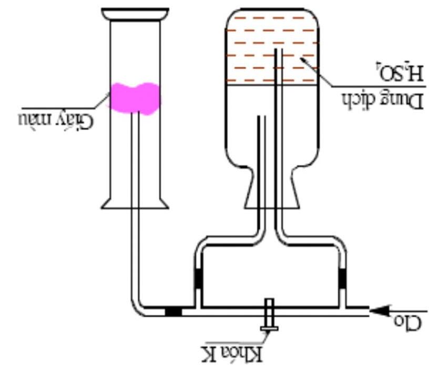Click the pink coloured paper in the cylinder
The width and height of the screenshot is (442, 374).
[135, 98]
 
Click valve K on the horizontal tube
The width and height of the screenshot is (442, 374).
[269, 315]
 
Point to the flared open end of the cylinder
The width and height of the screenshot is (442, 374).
[135, 203]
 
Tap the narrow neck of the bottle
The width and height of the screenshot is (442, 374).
[271, 184]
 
